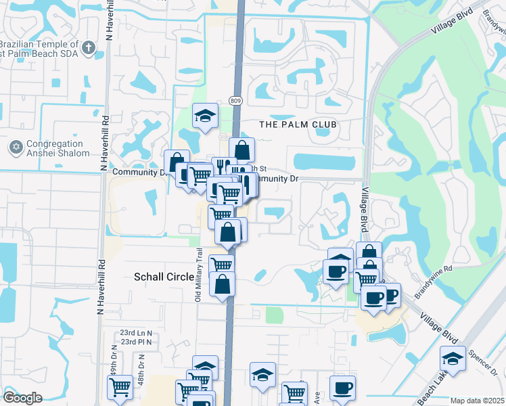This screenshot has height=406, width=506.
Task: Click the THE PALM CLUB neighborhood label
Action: [x=298, y=125]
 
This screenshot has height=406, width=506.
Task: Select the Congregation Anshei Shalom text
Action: [x=57, y=149]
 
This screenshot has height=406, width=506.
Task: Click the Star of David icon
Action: [x=16, y=147]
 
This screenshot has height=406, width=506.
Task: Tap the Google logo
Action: [x=22, y=398]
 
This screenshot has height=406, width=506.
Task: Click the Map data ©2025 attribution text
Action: [x=477, y=401]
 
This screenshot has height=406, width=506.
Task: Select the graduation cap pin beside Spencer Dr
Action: [x=453, y=357]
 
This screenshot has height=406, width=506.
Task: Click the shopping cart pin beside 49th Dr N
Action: [x=120, y=387]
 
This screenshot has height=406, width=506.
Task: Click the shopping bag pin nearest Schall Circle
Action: [x=222, y=284]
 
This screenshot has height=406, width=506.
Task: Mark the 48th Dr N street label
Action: [x=142, y=371]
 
